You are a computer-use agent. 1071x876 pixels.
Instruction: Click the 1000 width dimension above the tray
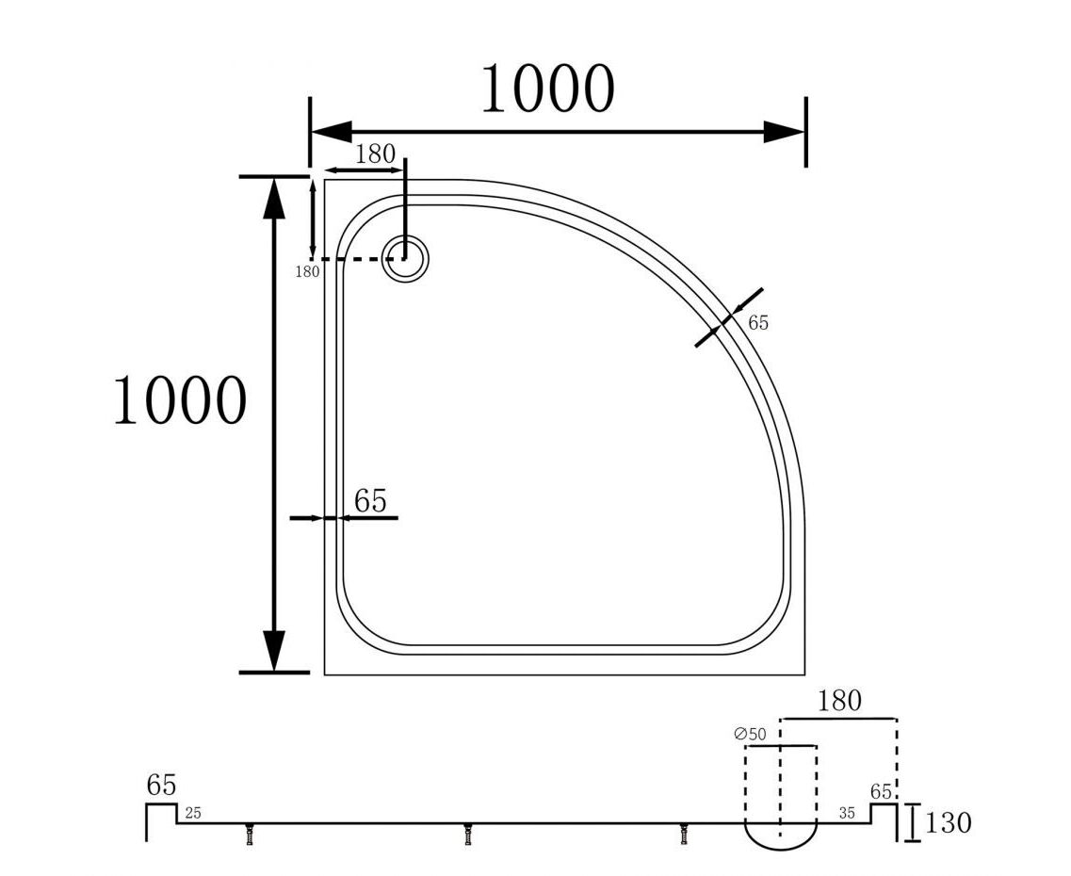point(548,89)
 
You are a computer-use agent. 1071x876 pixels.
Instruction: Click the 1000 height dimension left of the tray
point(180,399)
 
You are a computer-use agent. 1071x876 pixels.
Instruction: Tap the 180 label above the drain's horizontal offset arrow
point(375,154)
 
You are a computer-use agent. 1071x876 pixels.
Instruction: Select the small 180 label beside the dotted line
point(307,271)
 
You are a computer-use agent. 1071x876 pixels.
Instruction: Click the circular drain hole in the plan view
point(406,258)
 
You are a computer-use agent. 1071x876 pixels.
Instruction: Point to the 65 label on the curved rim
point(758,323)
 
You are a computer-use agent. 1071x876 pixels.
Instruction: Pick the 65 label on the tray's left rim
point(370,501)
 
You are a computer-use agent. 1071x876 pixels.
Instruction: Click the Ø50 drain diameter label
point(750,734)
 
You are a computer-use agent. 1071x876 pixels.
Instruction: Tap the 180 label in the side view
point(839,701)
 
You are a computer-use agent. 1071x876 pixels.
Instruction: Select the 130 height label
point(948,822)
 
